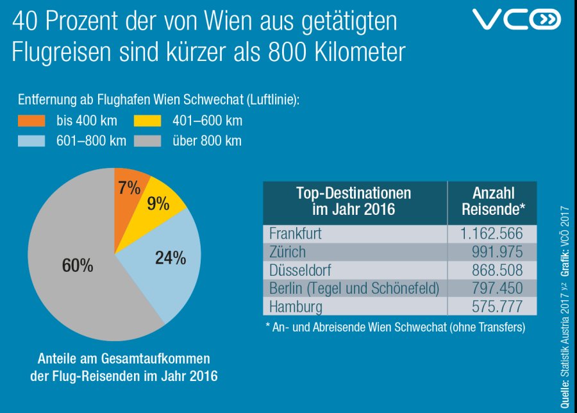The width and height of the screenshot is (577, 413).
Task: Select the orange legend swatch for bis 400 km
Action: pyautogui.click(x=31, y=121)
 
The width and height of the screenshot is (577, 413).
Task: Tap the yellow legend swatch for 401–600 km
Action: pyautogui.click(x=147, y=121)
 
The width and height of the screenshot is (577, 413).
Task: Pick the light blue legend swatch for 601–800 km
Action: pyautogui.click(x=31, y=141)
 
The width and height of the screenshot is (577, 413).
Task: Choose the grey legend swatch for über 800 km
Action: pyautogui.click(x=147, y=141)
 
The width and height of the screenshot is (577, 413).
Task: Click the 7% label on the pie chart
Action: pyautogui.click(x=129, y=188)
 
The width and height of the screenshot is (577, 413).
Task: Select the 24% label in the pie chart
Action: pyautogui.click(x=170, y=258)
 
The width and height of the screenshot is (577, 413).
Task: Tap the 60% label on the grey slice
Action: pyautogui.click(x=78, y=265)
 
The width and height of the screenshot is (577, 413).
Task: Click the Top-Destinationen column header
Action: pyautogui.click(x=353, y=201)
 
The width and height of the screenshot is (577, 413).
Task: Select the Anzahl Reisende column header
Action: pyautogui.click(x=494, y=201)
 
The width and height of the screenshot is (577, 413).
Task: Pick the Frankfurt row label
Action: pyautogui.click(x=296, y=233)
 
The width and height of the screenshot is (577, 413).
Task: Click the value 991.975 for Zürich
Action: pyautogui.click(x=495, y=252)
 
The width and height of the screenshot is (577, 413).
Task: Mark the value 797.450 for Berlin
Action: pyautogui.click(x=495, y=289)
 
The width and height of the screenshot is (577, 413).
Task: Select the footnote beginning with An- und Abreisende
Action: pyautogui.click(x=395, y=327)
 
